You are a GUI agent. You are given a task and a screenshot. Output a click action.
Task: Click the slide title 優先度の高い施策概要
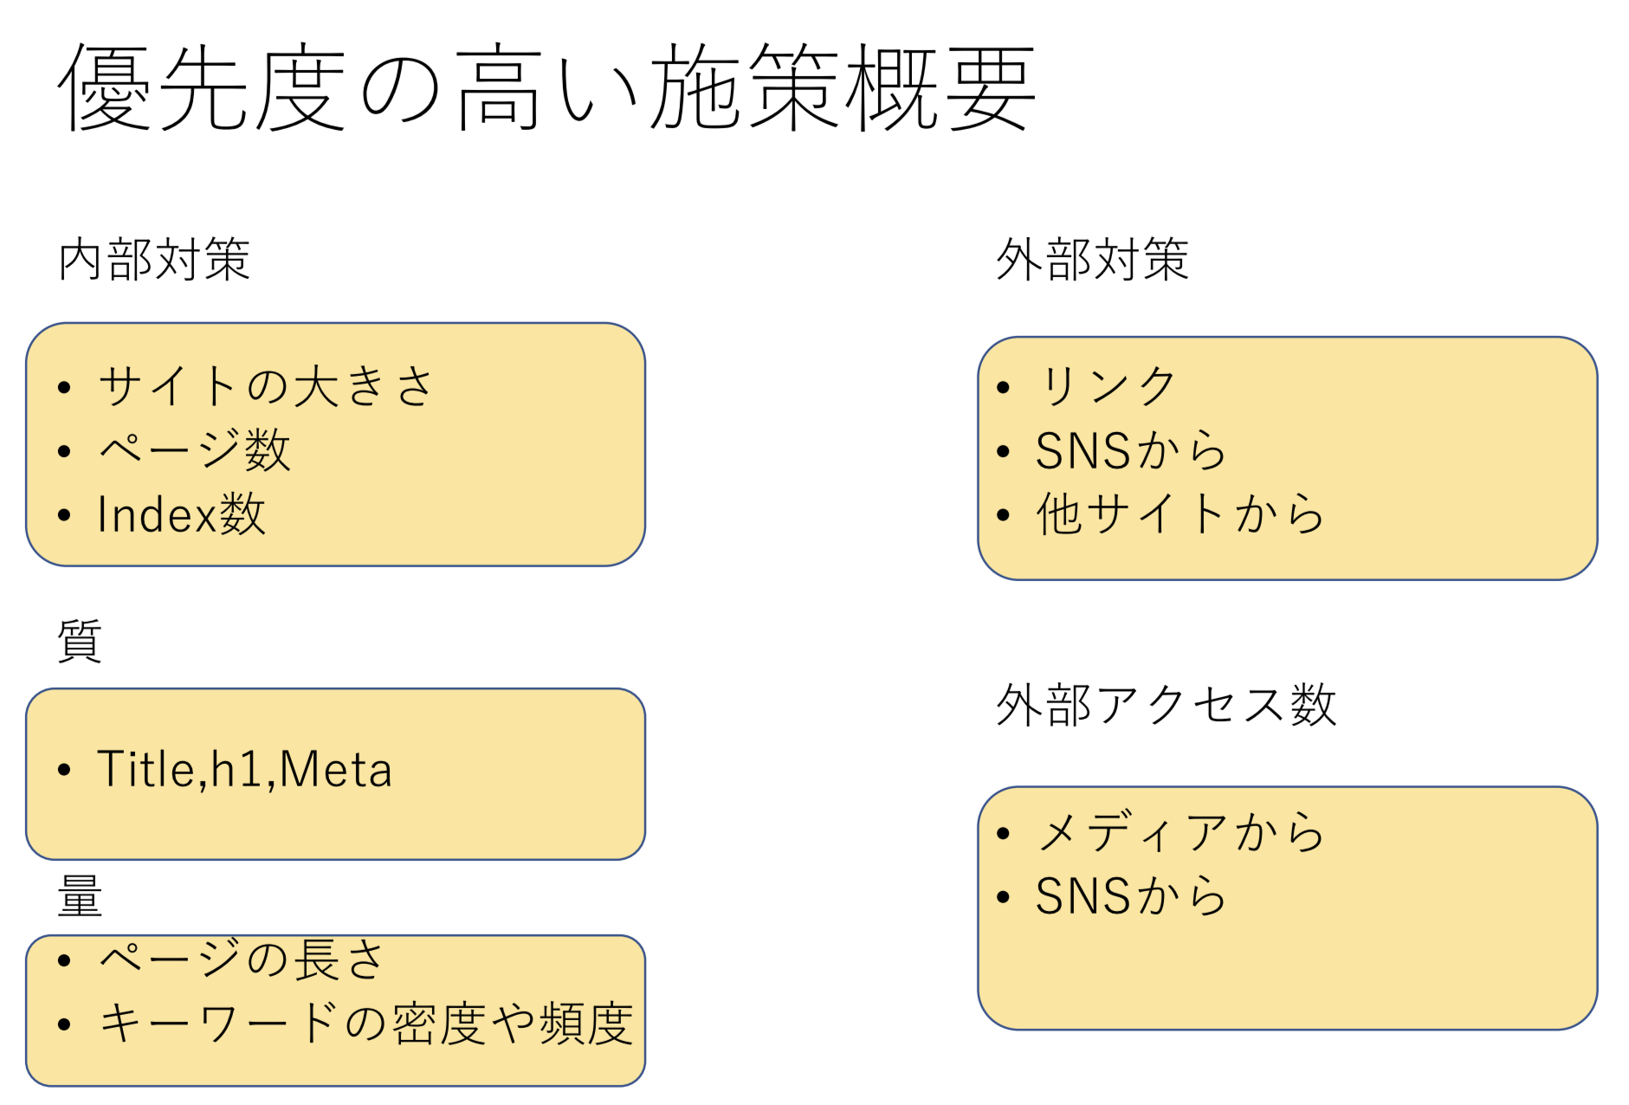click(546, 87)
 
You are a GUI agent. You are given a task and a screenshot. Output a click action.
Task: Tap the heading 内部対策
click(154, 259)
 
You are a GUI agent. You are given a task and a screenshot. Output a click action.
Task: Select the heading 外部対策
click(1092, 259)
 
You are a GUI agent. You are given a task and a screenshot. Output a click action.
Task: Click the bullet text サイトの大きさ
click(265, 386)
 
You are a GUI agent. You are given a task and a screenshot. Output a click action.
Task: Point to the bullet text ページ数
click(194, 450)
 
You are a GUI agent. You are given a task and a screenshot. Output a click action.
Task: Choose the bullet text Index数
click(181, 514)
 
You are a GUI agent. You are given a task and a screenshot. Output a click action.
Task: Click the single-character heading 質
click(80, 641)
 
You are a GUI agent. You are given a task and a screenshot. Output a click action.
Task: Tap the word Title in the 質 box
click(146, 769)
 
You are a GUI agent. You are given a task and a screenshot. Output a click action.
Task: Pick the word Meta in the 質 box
click(336, 769)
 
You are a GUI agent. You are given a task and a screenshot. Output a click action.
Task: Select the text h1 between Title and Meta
click(236, 769)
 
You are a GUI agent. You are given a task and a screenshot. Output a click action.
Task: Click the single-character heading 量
click(80, 895)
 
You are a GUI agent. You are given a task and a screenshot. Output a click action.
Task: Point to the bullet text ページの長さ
click(242, 960)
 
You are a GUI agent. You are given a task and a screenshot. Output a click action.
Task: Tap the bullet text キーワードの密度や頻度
click(365, 1024)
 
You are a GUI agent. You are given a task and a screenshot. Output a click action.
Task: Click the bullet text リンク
click(1106, 386)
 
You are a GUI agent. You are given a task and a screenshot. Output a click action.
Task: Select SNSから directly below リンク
click(1130, 450)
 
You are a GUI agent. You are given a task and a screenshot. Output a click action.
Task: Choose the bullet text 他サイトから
click(1180, 514)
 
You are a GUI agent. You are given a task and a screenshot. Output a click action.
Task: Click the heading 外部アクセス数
click(1166, 705)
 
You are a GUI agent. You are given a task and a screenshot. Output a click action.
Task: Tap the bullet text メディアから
click(1180, 833)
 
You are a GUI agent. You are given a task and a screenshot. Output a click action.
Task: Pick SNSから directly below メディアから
click(1130, 895)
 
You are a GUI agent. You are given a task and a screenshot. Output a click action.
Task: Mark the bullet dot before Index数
click(64, 516)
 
